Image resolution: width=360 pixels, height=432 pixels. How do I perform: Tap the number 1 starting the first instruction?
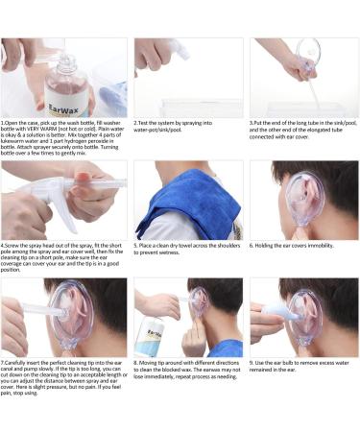4,124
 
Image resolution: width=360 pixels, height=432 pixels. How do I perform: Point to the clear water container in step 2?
197,107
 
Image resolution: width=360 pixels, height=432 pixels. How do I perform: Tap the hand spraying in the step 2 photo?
154,53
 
